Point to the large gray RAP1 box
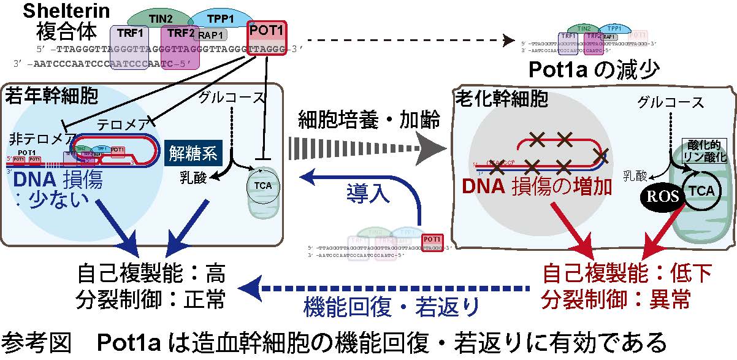tap(212, 36)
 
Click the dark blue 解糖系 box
tap(192, 154)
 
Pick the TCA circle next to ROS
tap(700, 191)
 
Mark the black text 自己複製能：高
tap(151, 271)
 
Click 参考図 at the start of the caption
tap(36, 341)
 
